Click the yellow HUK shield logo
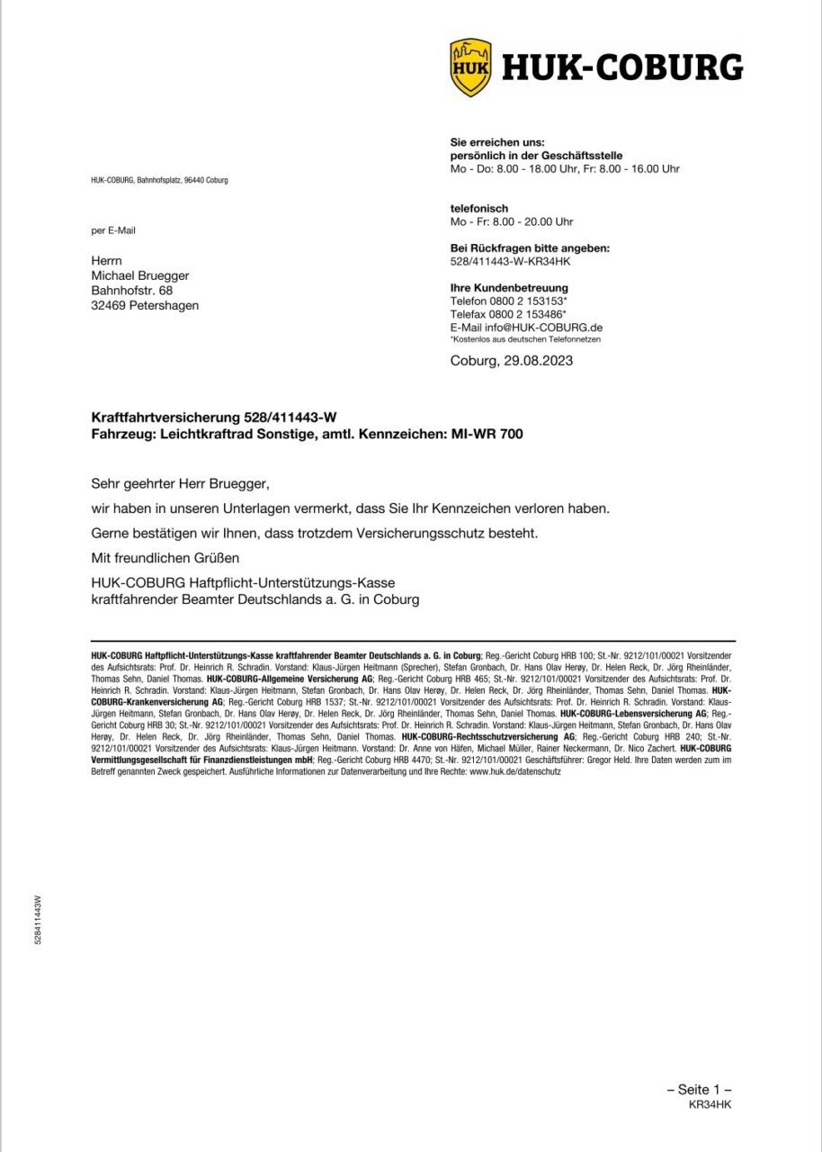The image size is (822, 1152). (x=469, y=67)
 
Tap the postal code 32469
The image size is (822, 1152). (x=108, y=305)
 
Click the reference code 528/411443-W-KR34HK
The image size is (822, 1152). (x=510, y=261)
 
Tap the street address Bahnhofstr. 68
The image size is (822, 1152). (x=132, y=291)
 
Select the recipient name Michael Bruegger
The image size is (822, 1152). (x=140, y=275)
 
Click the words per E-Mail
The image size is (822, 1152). (x=113, y=230)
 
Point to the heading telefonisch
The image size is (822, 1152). (x=478, y=208)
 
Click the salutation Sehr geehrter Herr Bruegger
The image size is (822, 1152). (x=181, y=483)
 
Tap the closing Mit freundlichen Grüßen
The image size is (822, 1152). (x=168, y=559)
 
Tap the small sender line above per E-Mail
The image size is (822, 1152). (x=159, y=180)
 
